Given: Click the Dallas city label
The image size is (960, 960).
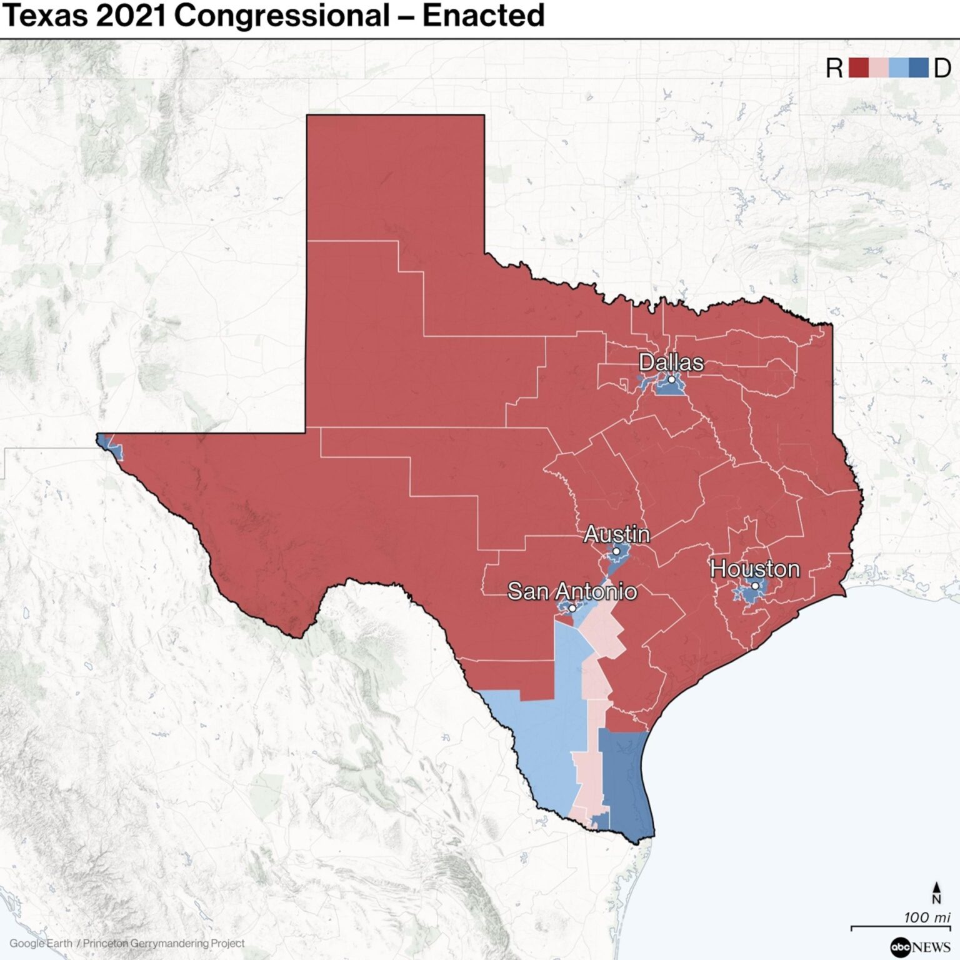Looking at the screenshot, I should pos(671,362).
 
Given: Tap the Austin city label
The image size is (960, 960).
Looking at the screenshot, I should pos(616,534).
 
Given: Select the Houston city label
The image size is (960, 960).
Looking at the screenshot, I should pos(755,569).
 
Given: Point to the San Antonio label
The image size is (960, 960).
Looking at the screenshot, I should pos(572,591).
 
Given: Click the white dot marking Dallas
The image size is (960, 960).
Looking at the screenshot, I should pos(671,379).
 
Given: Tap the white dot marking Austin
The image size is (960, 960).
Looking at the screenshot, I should pos(616,551).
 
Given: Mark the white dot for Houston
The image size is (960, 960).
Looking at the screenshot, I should pos(755,586).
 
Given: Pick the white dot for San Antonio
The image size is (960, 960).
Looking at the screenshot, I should pos(571,607).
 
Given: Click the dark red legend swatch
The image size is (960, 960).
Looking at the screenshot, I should pos(858,67).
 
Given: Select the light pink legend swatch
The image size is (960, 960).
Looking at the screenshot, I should pos(878,67).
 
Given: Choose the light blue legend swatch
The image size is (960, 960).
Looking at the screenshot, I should pos(898,67).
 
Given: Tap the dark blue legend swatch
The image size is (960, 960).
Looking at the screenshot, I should pos(918,67).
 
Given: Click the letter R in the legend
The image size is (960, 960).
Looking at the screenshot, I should pos(834,67).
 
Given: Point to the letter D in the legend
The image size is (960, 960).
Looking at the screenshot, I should pos(942,67).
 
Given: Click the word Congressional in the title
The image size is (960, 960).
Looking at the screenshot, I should pos(282,16).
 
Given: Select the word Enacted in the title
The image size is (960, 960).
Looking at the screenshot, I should pos(483,16).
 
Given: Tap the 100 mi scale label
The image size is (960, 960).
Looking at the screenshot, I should pos(926,917).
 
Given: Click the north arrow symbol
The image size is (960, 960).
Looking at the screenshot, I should pos(936,892).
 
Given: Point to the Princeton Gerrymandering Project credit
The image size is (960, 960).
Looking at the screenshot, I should pos(164,943).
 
